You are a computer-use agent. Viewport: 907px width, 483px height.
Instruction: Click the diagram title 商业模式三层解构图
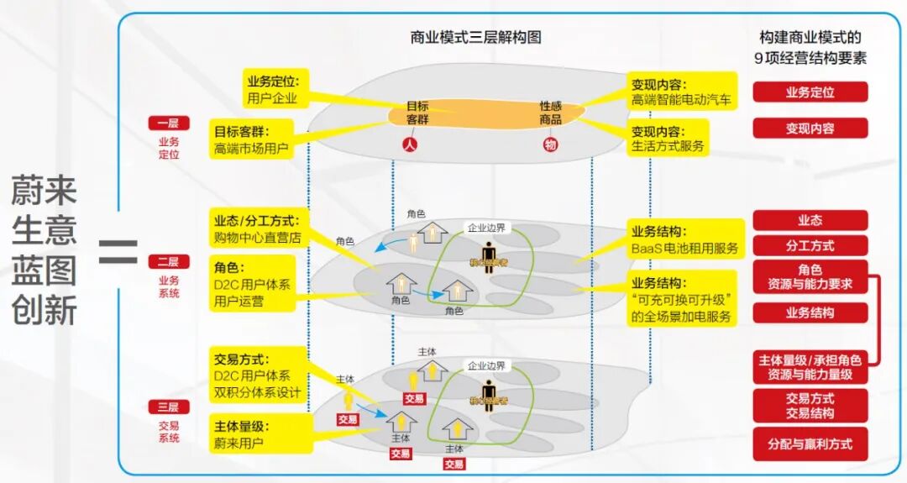click(x=475, y=38)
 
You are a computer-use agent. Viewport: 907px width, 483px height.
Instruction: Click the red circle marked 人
click(x=409, y=144)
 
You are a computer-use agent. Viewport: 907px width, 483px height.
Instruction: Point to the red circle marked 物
click(x=550, y=144)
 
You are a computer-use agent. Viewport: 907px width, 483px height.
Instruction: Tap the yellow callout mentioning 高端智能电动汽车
click(x=681, y=92)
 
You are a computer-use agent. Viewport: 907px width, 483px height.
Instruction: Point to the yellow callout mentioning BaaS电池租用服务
click(x=685, y=239)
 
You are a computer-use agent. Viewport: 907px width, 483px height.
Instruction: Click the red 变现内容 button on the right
click(x=810, y=129)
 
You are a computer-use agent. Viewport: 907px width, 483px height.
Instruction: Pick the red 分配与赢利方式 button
click(x=810, y=444)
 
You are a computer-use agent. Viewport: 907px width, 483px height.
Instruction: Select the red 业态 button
click(x=810, y=220)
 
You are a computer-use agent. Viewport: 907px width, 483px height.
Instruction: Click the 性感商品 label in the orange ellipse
click(x=551, y=113)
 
